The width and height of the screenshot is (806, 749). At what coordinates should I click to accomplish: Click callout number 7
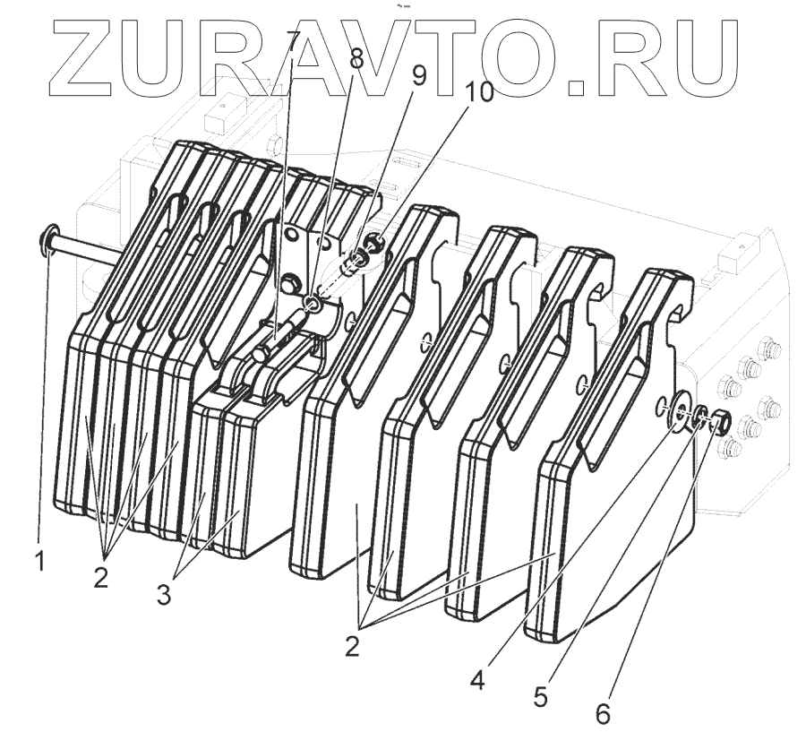point(291,40)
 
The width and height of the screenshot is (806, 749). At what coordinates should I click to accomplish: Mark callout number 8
point(356,61)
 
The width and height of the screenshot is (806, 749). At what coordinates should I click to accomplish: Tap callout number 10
point(478,93)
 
